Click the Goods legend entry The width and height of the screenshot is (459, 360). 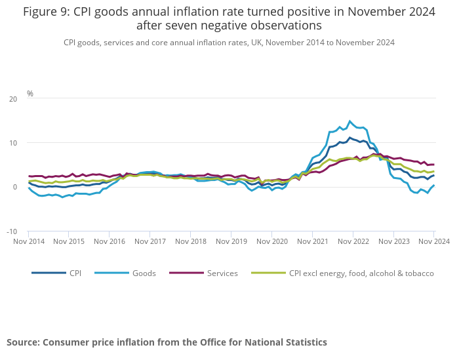(144, 273)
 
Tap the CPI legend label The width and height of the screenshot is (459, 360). (75, 273)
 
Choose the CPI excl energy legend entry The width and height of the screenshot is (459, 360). (361, 273)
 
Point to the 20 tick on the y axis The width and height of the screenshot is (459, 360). (13, 99)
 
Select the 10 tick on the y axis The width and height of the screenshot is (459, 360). (13, 143)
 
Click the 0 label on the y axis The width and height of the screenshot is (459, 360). (15, 188)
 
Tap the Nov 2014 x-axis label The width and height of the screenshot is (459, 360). (29, 241)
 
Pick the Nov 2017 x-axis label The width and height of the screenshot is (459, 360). (150, 241)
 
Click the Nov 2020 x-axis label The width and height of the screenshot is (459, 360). (271, 241)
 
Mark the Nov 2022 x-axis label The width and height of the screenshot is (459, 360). (353, 241)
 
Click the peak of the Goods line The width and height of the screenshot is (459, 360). (350, 121)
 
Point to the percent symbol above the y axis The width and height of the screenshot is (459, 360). (30, 94)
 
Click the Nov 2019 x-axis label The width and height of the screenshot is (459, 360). (231, 241)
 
